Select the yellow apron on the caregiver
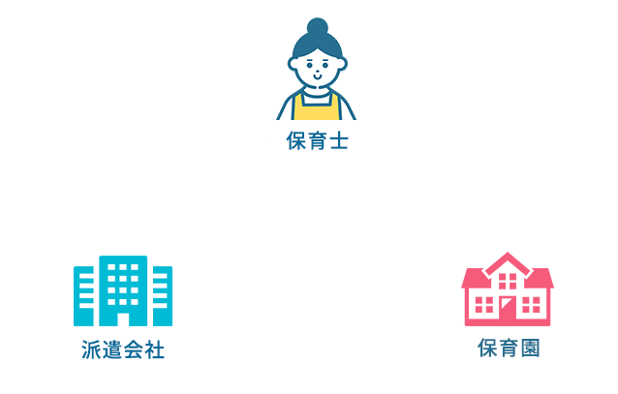(x=316, y=106)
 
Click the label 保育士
(x=316, y=141)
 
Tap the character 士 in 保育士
(x=337, y=141)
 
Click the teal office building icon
(x=123, y=289)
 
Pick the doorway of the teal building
(x=123, y=317)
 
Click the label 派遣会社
(x=123, y=349)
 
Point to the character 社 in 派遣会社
(x=154, y=349)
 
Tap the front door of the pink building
(x=508, y=310)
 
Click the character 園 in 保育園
(x=529, y=348)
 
